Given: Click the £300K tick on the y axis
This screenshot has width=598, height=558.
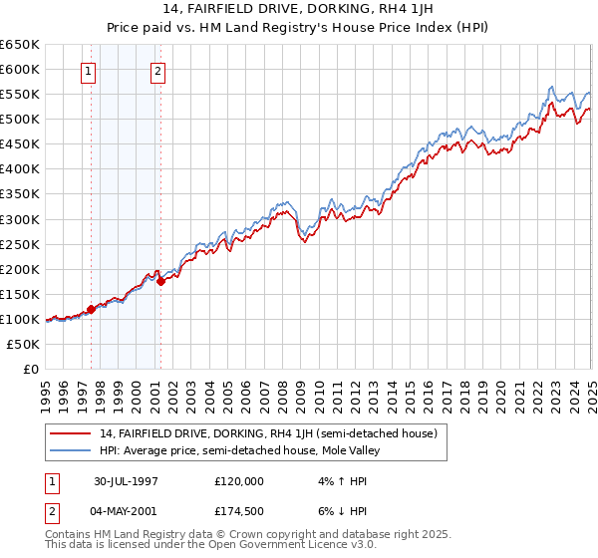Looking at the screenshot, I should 20,219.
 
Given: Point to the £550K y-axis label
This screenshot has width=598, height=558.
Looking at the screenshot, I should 20,95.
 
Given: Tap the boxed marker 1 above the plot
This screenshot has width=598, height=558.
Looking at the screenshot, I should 90,71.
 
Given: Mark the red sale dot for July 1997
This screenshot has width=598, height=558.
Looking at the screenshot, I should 91,309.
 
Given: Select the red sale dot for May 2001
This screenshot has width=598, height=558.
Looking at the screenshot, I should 159,281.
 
